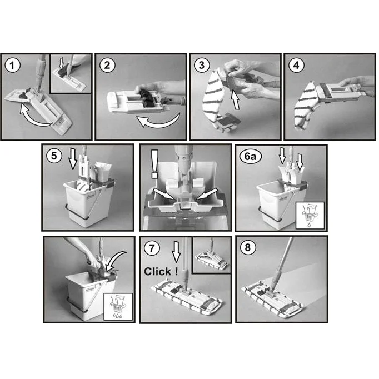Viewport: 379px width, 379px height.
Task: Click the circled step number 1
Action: [x=12, y=66]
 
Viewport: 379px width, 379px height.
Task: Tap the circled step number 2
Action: [x=107, y=65]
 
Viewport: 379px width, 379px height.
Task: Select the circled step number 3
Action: [x=202, y=65]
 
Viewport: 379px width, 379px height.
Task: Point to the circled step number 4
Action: [x=296, y=65]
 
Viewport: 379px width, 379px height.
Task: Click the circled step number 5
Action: [x=54, y=156]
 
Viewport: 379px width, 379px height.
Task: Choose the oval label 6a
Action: [x=250, y=156]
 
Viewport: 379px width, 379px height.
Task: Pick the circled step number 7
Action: [x=152, y=248]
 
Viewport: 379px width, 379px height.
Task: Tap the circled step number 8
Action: [x=247, y=247]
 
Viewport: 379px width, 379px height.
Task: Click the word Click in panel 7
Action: [x=158, y=271]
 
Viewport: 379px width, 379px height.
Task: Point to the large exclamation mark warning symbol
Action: [x=154, y=164]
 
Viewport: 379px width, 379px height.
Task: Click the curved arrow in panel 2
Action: [x=158, y=121]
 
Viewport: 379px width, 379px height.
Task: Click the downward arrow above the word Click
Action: [x=176, y=252]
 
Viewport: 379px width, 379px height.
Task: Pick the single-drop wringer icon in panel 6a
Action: [x=310, y=216]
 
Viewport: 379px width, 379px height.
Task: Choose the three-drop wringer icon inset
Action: [x=118, y=307]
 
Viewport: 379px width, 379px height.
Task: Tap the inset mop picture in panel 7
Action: [x=212, y=255]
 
